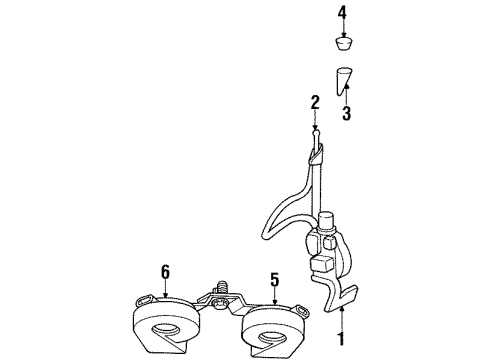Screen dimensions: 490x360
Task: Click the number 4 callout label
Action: [342, 13]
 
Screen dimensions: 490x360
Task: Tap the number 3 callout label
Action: [346, 113]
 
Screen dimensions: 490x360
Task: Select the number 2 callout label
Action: [314, 101]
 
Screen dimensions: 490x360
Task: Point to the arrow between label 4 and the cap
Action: [342, 28]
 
